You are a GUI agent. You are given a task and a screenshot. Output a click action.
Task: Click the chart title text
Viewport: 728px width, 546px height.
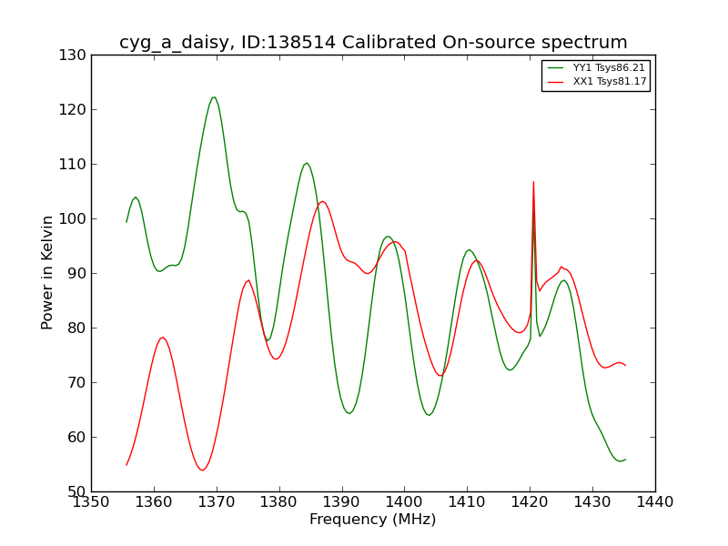pos(373,42)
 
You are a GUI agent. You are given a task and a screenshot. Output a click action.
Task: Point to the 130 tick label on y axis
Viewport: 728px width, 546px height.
pos(73,56)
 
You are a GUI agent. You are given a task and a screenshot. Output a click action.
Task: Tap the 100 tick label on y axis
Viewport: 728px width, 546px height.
pos(73,218)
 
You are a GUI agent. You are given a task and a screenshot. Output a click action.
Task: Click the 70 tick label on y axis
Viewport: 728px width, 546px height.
pos(76,382)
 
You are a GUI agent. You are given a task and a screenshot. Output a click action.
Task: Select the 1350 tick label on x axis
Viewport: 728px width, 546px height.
pos(92,502)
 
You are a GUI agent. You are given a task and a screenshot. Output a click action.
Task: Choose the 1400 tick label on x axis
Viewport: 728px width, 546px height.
pos(404,502)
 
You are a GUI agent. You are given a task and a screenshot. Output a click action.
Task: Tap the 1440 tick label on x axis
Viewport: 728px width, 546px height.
pos(655,502)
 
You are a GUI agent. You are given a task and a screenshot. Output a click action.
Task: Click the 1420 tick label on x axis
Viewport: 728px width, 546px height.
pos(530,502)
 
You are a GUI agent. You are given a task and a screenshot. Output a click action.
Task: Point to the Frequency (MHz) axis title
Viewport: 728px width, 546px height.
pos(373,519)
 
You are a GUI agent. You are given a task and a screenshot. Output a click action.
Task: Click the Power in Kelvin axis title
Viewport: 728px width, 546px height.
pos(47,273)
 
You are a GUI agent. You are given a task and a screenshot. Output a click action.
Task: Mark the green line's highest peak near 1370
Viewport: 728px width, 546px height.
pos(214,97)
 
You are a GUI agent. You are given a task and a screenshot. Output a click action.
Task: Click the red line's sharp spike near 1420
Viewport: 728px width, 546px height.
pos(533,182)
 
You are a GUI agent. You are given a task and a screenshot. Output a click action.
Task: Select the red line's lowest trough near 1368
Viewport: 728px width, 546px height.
pos(202,470)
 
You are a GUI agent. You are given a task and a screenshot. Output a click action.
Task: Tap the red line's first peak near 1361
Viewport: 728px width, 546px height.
pos(163,338)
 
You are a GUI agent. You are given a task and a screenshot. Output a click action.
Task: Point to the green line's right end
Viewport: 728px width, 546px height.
pos(625,460)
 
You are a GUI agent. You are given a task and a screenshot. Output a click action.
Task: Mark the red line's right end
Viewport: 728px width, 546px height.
pos(625,366)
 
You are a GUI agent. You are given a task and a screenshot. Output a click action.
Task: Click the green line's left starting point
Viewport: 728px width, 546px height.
pos(126,222)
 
